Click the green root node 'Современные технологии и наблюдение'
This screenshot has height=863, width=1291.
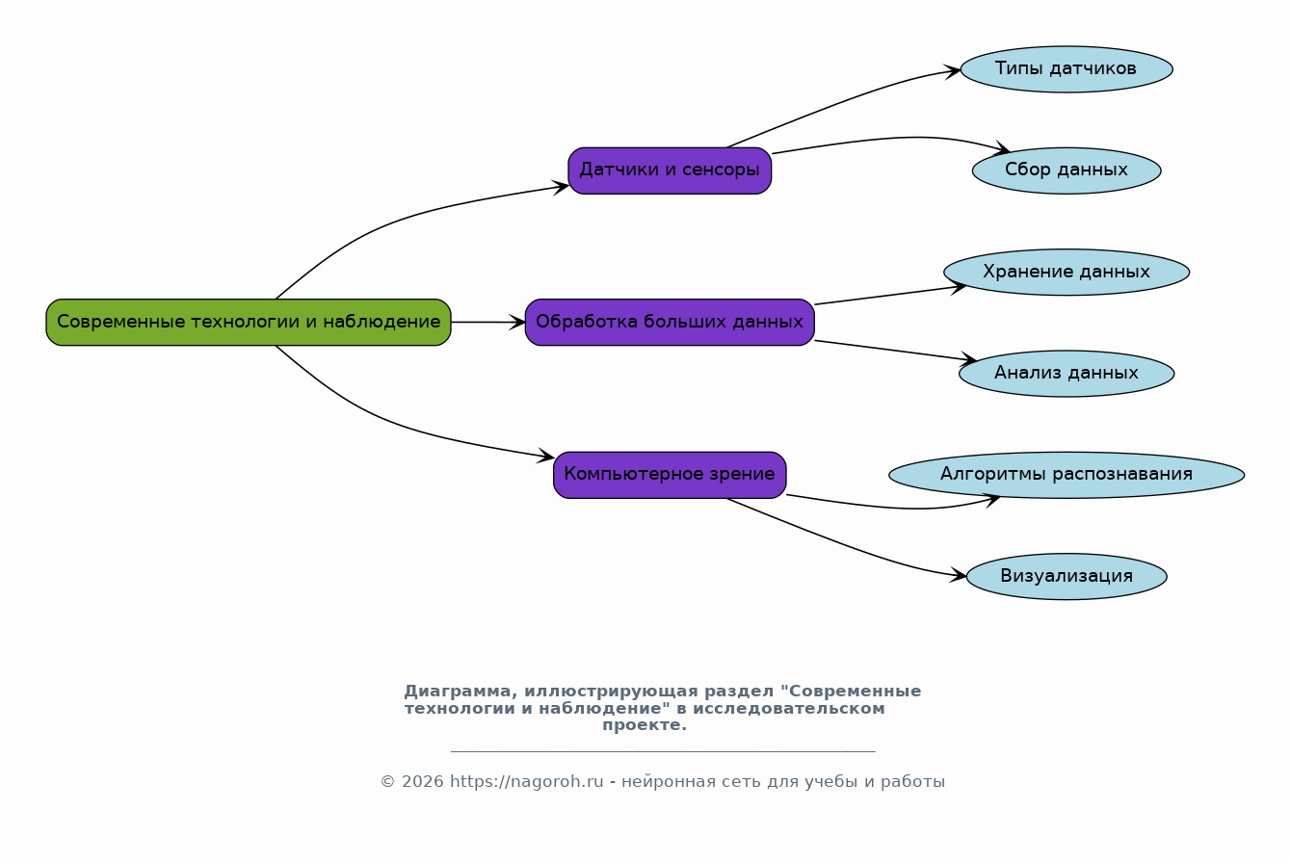[x=249, y=322]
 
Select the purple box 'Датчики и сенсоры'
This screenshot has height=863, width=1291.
[x=670, y=170]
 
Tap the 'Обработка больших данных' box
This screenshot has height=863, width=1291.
[x=670, y=322]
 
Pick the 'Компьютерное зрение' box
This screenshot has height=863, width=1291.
[x=670, y=475]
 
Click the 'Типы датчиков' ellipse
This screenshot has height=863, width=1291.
[x=1067, y=69]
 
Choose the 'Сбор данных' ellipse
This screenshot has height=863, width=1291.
[x=1067, y=170]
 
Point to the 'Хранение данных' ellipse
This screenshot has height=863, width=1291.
[x=1067, y=272]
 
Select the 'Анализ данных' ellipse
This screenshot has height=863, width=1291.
[x=1067, y=374]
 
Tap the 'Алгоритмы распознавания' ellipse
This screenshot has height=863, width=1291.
[x=1067, y=475]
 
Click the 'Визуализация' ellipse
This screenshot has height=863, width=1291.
[x=1067, y=576]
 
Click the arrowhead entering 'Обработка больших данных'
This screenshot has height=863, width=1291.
[x=517, y=323]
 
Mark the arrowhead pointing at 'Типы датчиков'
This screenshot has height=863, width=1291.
[x=953, y=71]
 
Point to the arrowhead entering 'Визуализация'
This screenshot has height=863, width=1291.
[x=959, y=574]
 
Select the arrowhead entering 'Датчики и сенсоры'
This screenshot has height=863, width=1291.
[x=561, y=187]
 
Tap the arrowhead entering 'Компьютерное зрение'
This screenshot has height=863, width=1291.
[x=546, y=456]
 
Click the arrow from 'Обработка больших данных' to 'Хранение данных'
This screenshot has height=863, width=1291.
[x=890, y=295]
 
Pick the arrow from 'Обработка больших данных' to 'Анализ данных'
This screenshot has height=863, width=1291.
[x=896, y=351]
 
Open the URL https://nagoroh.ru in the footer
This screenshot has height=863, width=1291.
[x=526, y=782]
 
